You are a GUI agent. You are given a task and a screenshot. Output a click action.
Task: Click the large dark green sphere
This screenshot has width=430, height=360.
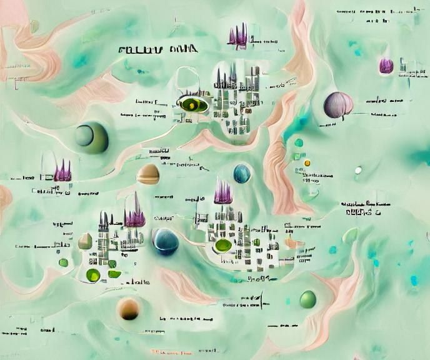[91, 136]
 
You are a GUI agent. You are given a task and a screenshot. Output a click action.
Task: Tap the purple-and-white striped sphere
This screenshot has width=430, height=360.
[338, 105]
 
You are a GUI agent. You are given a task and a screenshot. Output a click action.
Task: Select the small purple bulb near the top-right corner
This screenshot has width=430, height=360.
[386, 65]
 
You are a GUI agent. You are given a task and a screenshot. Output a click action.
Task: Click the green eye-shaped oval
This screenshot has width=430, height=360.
[193, 104]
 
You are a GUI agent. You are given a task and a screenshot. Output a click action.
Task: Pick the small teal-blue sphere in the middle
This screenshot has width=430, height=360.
[242, 173]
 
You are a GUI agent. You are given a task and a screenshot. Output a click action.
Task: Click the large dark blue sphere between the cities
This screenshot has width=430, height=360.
[166, 242]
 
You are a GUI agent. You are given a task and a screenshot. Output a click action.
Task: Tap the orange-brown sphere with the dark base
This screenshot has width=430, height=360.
[129, 308]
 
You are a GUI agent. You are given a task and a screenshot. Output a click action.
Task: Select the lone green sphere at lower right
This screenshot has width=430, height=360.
[307, 299]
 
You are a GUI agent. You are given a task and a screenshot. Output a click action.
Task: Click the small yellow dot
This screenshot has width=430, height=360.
[307, 163]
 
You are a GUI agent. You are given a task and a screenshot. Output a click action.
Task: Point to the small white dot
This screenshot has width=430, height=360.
[358, 170]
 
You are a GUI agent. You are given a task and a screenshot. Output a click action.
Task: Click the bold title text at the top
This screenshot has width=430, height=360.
[157, 49]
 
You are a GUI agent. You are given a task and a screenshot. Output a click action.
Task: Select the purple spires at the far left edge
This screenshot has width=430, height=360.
[63, 170]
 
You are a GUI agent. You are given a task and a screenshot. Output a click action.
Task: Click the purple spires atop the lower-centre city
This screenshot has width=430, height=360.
[223, 193]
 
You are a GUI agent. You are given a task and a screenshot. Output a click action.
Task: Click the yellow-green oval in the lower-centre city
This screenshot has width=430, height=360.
[223, 245]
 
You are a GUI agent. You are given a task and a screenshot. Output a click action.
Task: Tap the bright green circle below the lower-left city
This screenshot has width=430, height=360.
[93, 275]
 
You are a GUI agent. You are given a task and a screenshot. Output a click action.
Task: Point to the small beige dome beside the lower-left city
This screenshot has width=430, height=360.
[86, 241]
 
